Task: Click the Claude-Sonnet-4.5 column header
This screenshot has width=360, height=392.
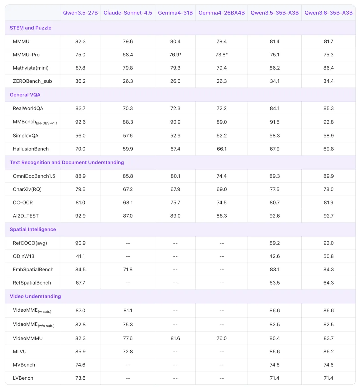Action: [128, 13]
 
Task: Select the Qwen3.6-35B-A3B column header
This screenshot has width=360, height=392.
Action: [328, 13]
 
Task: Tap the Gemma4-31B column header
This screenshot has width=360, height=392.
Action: [175, 13]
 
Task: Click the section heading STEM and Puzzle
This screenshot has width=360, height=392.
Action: [30, 28]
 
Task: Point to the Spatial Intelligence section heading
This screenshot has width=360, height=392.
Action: [33, 229]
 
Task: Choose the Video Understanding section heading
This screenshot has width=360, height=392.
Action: [35, 296]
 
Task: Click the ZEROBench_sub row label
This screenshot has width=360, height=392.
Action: [32, 81]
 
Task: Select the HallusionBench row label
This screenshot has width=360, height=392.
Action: [31, 149]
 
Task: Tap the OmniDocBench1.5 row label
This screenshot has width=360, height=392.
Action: [34, 176]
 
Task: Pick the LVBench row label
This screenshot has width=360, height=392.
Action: [23, 378]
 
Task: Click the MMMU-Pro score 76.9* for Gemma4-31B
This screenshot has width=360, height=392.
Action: [175, 55]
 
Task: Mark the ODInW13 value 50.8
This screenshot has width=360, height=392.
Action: [328, 256]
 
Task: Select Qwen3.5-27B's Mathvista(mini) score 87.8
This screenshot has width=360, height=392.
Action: [80, 68]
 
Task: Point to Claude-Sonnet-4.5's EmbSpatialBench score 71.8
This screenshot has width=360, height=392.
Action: [128, 269]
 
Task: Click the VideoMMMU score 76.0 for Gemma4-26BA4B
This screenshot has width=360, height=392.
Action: [222, 338]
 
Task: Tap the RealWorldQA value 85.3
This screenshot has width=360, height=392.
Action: [328, 108]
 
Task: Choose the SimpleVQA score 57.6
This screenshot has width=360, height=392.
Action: [128, 135]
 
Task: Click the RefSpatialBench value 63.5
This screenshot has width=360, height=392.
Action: [275, 283]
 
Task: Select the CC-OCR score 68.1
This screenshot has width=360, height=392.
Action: [128, 203]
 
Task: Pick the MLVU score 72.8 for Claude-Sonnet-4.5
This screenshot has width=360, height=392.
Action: [128, 352]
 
